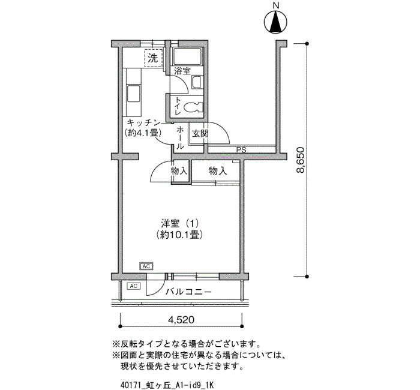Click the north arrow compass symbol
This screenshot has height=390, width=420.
[x=275, y=22]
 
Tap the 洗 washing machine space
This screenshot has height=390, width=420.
[x=154, y=58]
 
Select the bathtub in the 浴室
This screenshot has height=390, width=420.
[x=187, y=56]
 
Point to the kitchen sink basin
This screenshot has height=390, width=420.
[x=133, y=94]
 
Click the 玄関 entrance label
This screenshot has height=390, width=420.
[x=200, y=133]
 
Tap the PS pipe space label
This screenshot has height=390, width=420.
[x=241, y=150]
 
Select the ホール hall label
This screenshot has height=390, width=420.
[x=180, y=138]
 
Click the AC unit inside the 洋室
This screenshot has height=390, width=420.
[x=146, y=266]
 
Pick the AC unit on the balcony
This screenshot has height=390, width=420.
[x=133, y=286]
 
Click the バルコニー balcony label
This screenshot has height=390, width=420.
[x=188, y=292]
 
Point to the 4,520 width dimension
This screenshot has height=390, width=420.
[x=181, y=320]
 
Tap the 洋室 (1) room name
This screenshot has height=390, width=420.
[x=179, y=223]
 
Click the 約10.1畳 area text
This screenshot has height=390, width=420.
[x=179, y=235]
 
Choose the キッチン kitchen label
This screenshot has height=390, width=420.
[x=143, y=122]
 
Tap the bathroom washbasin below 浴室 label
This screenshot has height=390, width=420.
[x=197, y=82]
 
